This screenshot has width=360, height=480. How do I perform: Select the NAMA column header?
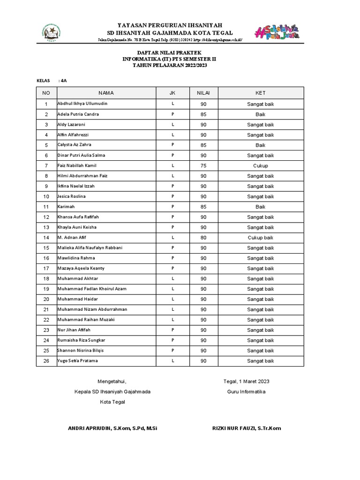coord(106,93)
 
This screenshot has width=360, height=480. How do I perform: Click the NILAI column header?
coord(203,93)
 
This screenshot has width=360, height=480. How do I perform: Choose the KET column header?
coord(260,93)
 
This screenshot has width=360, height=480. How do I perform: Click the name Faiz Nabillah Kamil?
coord(77,166)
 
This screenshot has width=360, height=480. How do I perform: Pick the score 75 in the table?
coord(203,166)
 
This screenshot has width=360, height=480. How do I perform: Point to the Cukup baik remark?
coord(260,238)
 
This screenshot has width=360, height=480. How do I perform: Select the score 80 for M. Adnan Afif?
coord(203,238)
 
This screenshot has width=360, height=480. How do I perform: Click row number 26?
coord(46,361)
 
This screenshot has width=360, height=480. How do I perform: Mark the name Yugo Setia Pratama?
coord(77,361)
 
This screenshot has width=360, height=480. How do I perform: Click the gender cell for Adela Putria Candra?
coord(172,114)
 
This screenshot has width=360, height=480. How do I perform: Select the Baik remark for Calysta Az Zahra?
coord(260,145)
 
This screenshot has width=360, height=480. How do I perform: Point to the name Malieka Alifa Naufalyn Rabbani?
coord(89,248)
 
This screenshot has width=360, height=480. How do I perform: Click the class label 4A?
coord(63,81)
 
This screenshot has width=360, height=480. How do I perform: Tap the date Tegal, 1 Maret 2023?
coord(246,381)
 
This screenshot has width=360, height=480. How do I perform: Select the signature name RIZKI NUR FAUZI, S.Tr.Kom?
coord(247,428)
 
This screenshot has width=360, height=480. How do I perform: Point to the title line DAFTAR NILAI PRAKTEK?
coord(169,53)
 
